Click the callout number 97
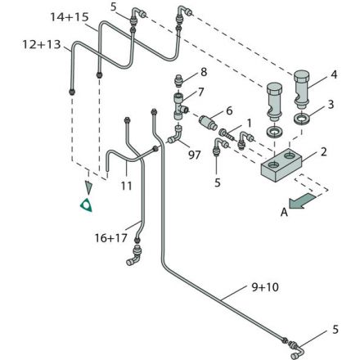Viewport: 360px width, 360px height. click(x=195, y=155)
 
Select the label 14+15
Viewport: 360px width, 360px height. click(x=70, y=17)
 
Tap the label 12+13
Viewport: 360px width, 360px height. click(x=42, y=44)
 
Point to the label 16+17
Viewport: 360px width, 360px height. click(x=111, y=238)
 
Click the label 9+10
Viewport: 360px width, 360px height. click(x=265, y=287)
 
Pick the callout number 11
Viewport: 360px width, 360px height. click(x=126, y=186)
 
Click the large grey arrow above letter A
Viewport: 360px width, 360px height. click(x=302, y=201)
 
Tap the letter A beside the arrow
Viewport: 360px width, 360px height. click(x=284, y=212)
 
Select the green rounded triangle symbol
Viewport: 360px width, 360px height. click(x=86, y=205)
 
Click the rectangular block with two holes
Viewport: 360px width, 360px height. click(x=281, y=165)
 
